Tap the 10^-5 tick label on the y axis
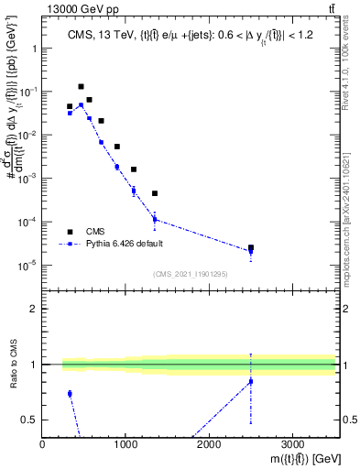pyautogui.click(x=27, y=266)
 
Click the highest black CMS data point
pyautogui.click(x=81, y=86)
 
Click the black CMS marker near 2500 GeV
pyautogui.click(x=251, y=247)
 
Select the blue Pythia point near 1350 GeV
pyautogui.click(x=155, y=219)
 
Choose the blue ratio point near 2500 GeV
pyautogui.click(x=251, y=381)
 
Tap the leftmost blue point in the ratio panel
pyautogui.click(x=70, y=394)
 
